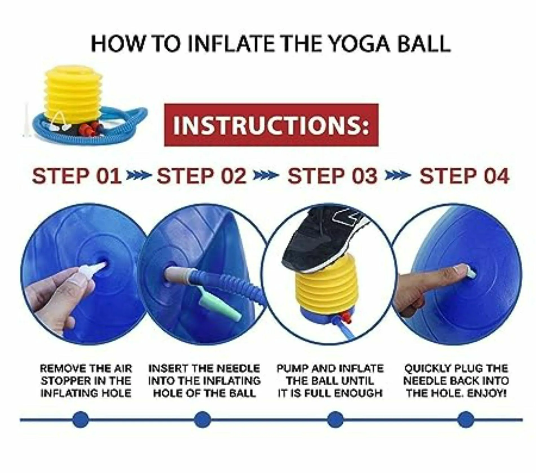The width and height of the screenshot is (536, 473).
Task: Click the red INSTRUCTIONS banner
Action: click(x=271, y=125)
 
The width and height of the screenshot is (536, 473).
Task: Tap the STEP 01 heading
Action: click(x=77, y=176)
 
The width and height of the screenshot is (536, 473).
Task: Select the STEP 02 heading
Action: click(x=202, y=176)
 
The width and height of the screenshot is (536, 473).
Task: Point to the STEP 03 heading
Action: click(x=332, y=176)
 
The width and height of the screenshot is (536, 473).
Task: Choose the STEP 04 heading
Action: click(x=464, y=176)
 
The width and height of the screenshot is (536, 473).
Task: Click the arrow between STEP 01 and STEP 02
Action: click(x=138, y=176)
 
